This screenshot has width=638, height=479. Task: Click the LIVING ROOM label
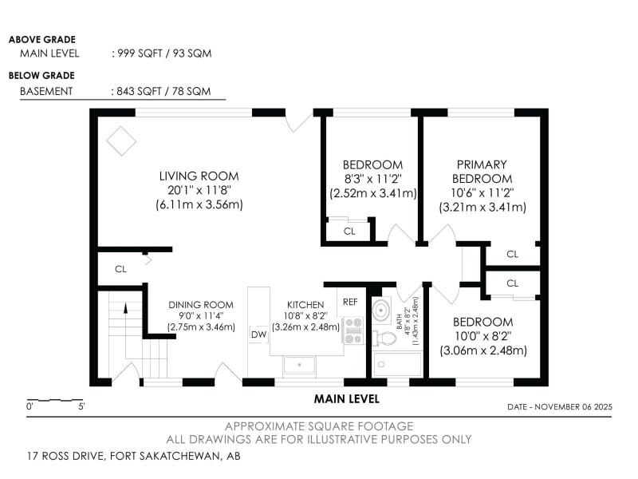(x=199, y=176)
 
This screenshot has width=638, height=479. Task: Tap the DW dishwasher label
(x=258, y=335)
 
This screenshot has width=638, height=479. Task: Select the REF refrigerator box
(x=350, y=302)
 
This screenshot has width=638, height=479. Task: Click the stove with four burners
(x=353, y=331)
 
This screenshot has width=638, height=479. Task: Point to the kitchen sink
(x=299, y=365)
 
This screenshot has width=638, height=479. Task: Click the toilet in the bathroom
(x=384, y=338)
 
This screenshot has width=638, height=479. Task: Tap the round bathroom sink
(x=382, y=311)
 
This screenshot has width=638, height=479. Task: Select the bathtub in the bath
(x=397, y=364)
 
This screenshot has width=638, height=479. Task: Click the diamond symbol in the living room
(x=121, y=141)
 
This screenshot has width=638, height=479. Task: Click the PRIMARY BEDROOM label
(x=482, y=172)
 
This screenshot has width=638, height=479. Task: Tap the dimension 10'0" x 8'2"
(x=483, y=336)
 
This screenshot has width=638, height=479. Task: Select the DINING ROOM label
(x=201, y=305)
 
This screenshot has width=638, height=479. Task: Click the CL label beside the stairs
(x=120, y=269)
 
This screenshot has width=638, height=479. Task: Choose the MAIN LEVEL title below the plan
(x=347, y=399)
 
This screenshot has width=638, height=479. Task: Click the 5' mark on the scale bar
(x=81, y=406)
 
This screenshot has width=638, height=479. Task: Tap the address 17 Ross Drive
(x=68, y=456)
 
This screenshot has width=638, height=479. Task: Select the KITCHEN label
(x=305, y=305)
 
